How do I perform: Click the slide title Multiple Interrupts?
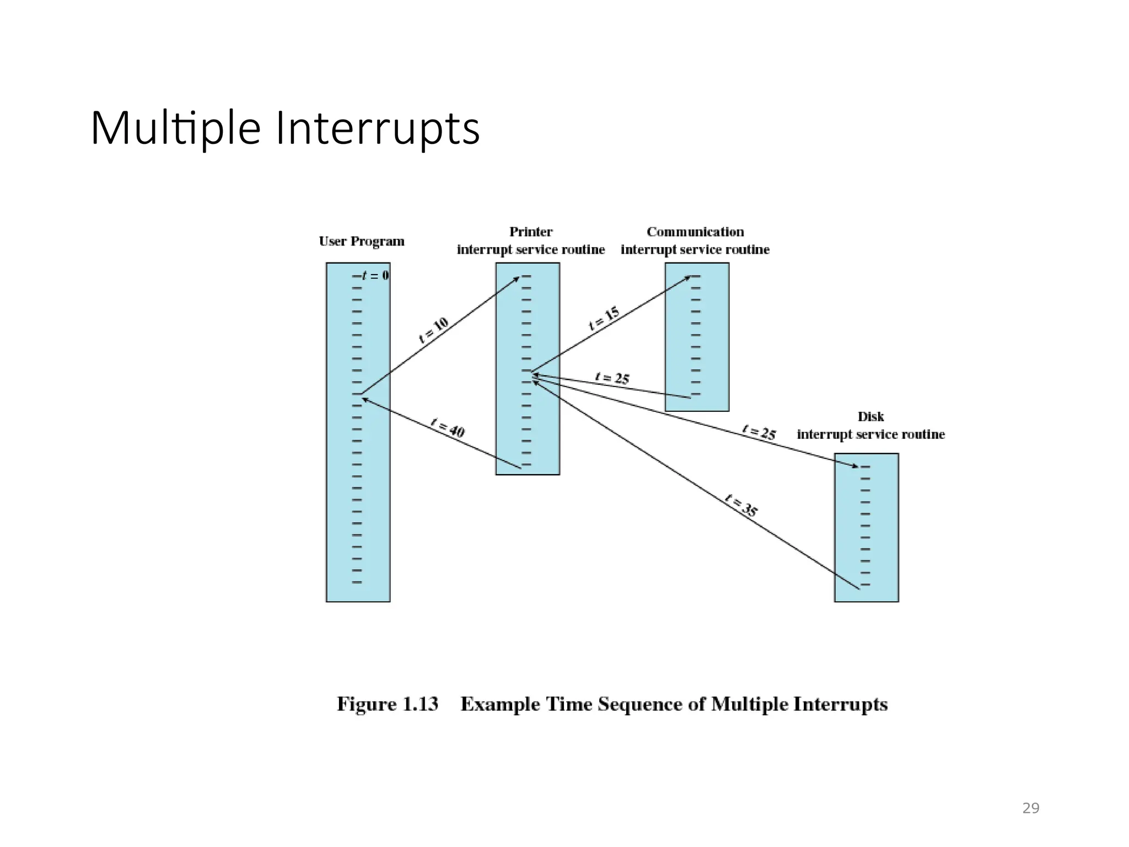point(285,128)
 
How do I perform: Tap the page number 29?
point(1030,808)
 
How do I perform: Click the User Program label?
point(362,242)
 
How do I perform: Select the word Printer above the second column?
point(530,232)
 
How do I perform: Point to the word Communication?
point(695,232)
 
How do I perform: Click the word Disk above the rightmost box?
point(870,416)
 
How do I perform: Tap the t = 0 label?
point(375,275)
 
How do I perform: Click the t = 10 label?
point(434,330)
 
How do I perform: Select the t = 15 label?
point(604,318)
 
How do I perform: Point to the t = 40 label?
point(448,428)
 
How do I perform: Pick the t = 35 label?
point(741,506)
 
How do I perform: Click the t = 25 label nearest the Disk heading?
point(759,432)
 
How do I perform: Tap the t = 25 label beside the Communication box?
point(612,378)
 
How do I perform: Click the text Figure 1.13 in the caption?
point(388,704)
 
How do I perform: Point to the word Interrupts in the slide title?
point(378,128)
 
